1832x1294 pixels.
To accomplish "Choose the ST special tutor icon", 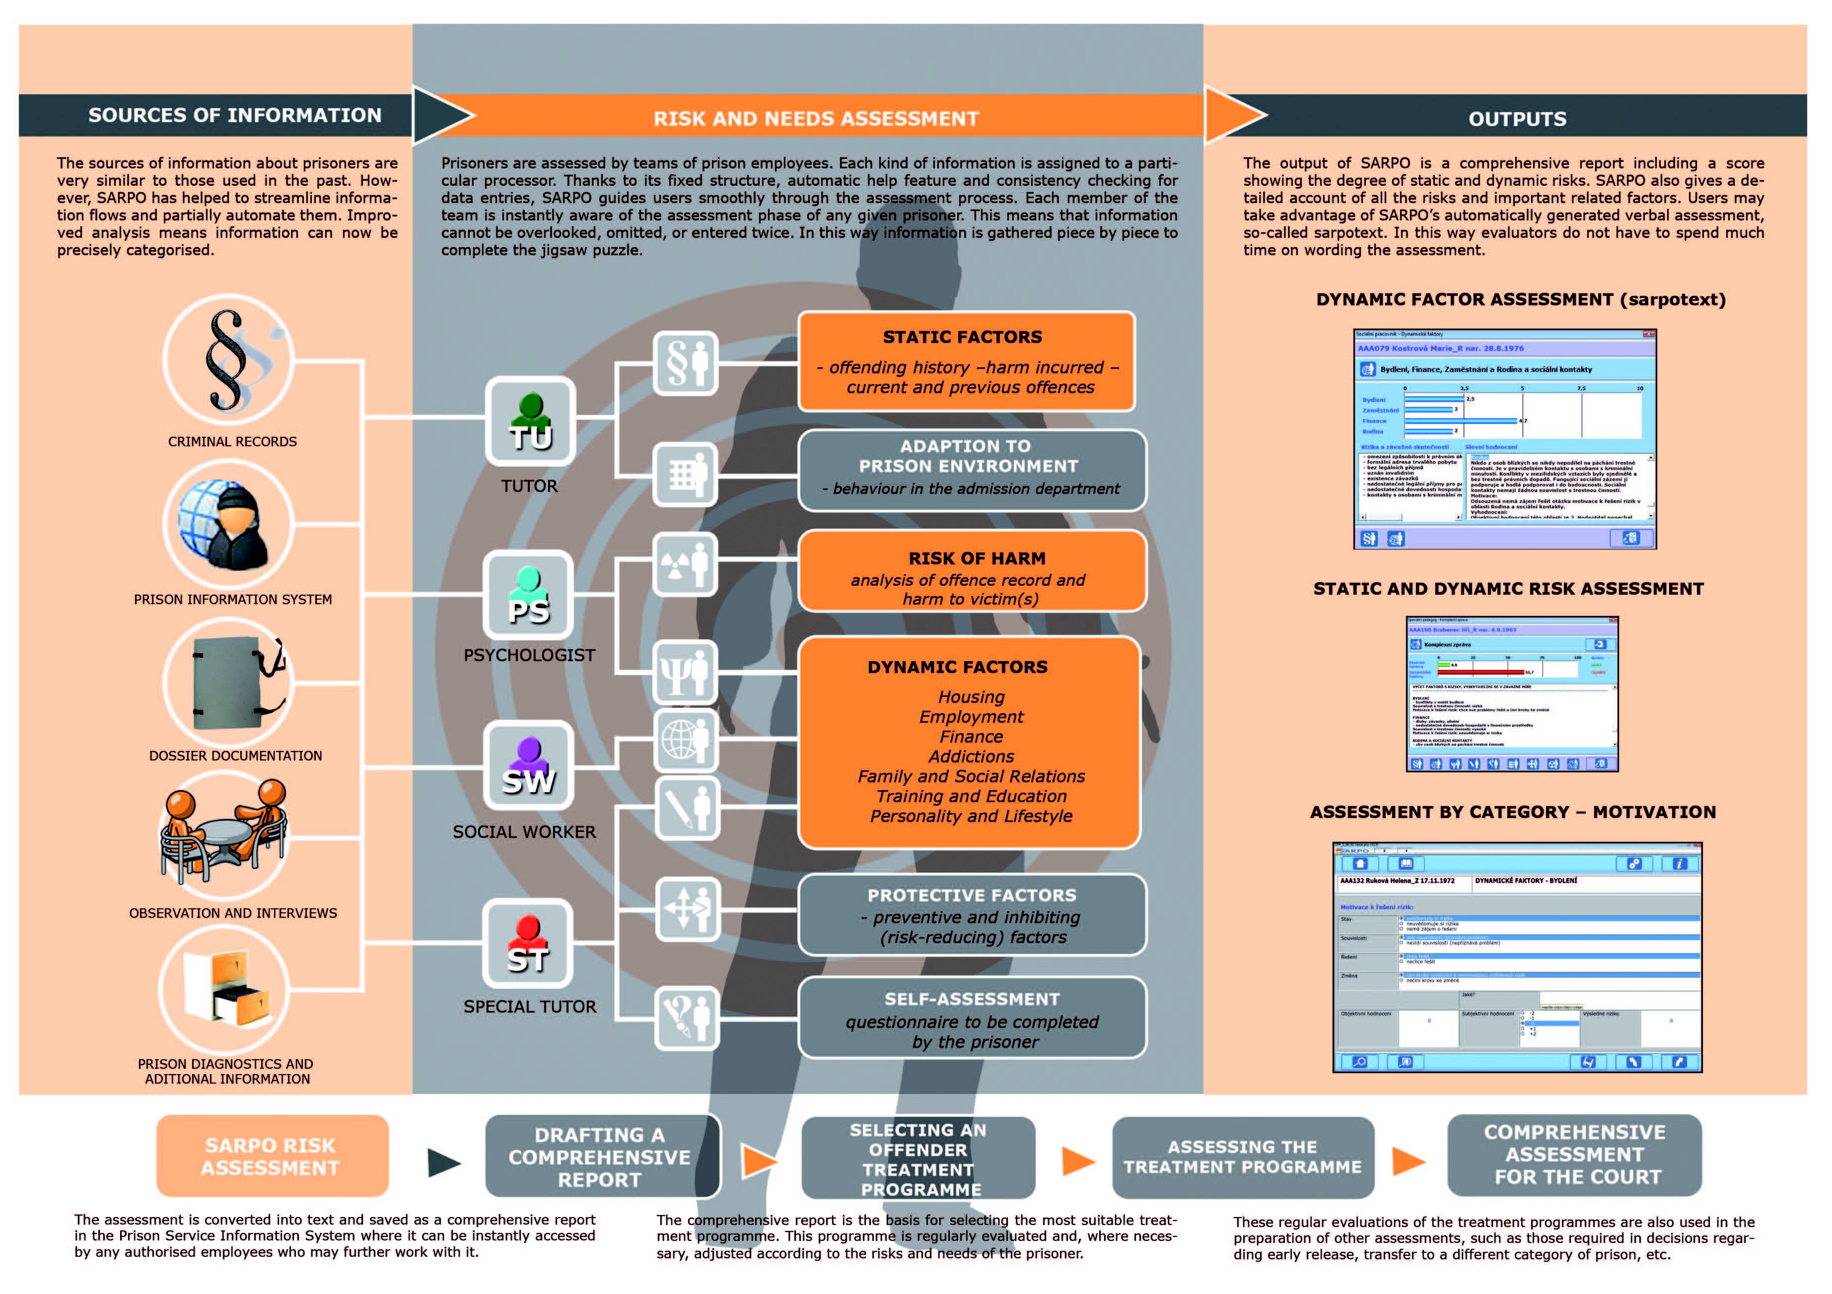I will click(527, 943).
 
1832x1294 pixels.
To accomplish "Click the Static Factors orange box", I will click(966, 361).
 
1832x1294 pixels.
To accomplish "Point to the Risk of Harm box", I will click(972, 571).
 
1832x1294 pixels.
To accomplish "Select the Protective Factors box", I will click(972, 915).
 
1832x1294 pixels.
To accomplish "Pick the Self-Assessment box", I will click(972, 1018).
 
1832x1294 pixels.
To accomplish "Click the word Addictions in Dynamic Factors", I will click(971, 756).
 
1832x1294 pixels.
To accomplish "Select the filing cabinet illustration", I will click(226, 989).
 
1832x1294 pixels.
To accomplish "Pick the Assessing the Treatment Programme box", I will click(1242, 1157).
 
